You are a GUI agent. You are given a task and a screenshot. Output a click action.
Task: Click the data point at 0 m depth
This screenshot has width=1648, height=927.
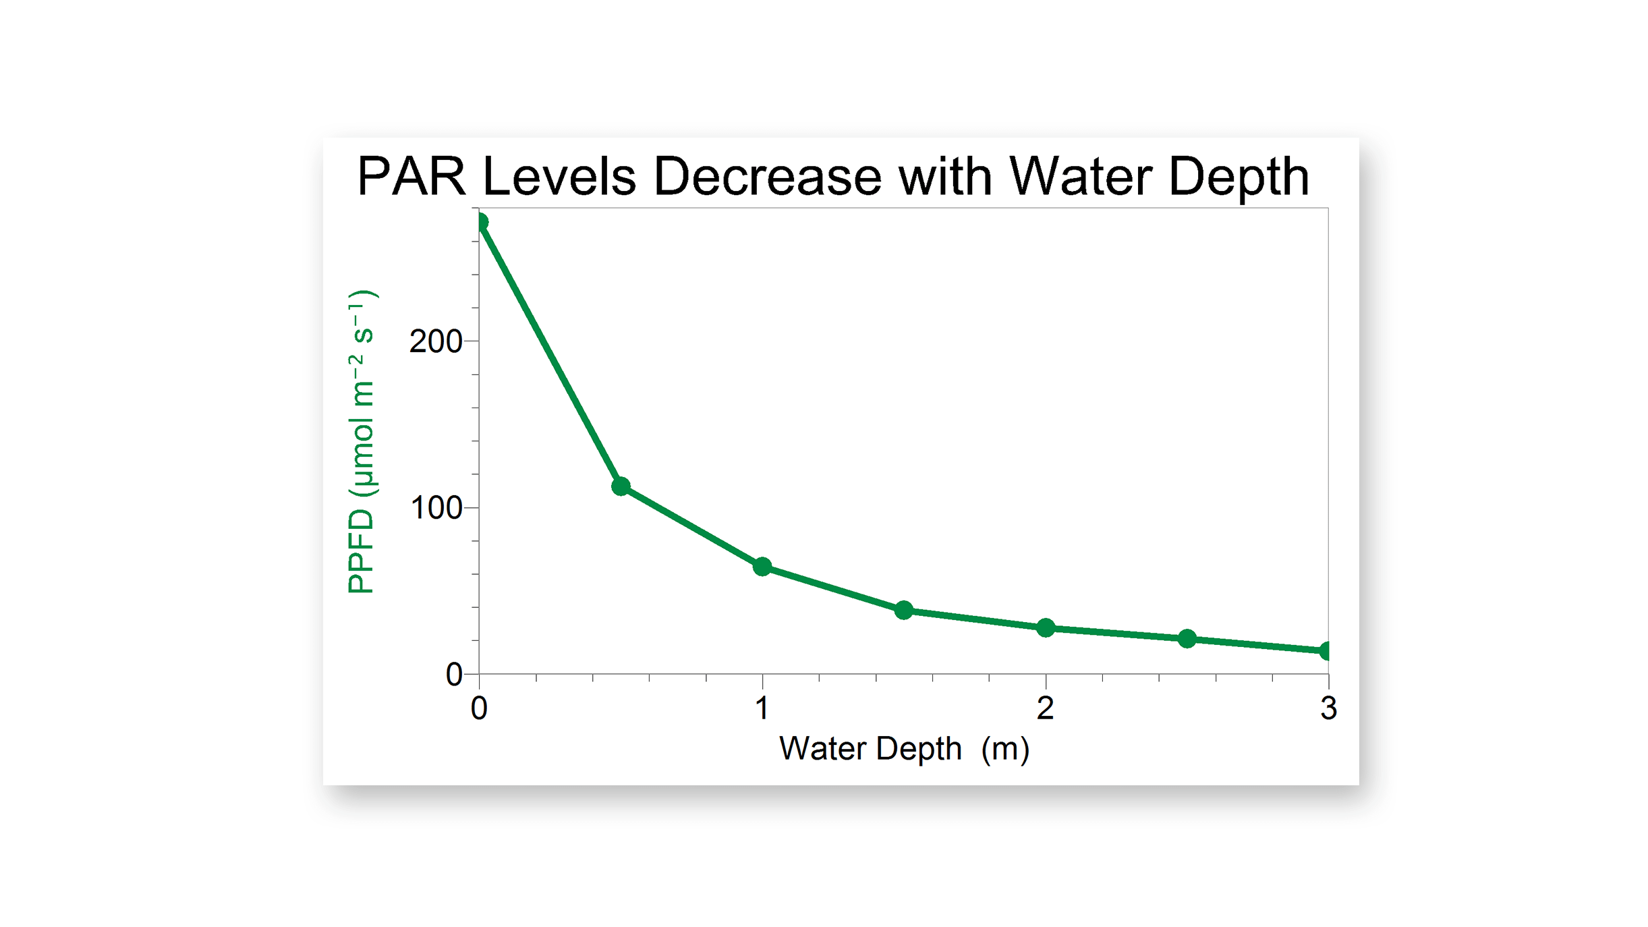click(x=480, y=222)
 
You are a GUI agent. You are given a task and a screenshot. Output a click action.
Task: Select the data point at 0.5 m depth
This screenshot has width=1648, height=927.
click(x=621, y=486)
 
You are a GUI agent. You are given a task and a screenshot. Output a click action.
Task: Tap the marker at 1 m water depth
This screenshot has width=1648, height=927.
click(x=762, y=567)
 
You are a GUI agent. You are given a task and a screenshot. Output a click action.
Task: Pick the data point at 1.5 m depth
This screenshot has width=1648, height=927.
click(x=904, y=611)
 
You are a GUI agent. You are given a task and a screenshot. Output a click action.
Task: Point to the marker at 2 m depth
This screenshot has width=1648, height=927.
click(x=1046, y=628)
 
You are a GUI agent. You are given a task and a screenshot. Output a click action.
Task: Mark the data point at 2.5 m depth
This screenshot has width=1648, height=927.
click(x=1187, y=639)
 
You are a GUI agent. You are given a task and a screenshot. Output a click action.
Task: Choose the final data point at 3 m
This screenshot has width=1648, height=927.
click(x=1326, y=651)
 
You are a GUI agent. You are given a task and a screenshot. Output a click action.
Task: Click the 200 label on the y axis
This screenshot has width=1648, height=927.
click(x=435, y=341)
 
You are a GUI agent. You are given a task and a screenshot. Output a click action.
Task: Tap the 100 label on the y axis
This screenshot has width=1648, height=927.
click(x=435, y=508)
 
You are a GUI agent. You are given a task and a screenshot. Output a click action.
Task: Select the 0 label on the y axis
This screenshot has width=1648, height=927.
click(x=453, y=675)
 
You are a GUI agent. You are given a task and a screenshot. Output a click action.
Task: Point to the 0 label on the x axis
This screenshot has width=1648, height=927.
click(x=479, y=708)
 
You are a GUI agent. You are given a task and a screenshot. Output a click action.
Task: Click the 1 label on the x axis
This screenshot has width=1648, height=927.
click(x=762, y=708)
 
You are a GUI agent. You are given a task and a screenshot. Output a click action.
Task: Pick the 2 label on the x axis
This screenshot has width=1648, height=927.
click(x=1046, y=708)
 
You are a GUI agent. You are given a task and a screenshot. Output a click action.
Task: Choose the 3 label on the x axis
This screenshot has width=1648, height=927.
click(x=1328, y=708)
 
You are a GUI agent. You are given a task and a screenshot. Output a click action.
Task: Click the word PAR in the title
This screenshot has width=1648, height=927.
click(x=411, y=177)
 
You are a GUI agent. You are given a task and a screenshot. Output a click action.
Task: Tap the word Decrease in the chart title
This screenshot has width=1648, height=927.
click(x=767, y=177)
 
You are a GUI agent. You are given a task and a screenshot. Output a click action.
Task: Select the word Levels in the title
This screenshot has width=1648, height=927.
click(x=559, y=177)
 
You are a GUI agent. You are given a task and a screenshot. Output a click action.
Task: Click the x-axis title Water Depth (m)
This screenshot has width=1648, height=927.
click(x=904, y=749)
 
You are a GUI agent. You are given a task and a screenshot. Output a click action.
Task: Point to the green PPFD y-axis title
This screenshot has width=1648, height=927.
click(x=362, y=442)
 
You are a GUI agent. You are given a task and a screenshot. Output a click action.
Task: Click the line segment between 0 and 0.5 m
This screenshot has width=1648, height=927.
click(x=550, y=354)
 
